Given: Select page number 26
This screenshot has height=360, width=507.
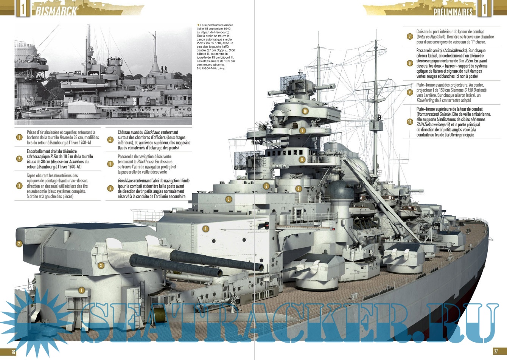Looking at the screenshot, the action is click(x=13, y=352).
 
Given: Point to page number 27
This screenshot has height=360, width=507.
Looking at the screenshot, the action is click(x=496, y=351).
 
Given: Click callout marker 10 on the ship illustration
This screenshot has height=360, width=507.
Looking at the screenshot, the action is click(x=305, y=111).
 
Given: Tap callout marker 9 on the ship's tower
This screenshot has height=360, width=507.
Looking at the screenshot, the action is click(x=302, y=130).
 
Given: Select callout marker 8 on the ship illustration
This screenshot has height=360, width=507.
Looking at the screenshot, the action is click(x=302, y=160).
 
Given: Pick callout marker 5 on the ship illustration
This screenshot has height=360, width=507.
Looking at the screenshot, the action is click(x=229, y=199).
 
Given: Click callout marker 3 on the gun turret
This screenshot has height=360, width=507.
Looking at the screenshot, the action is click(x=101, y=265).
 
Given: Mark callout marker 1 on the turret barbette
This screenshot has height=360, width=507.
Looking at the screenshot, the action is click(x=81, y=290).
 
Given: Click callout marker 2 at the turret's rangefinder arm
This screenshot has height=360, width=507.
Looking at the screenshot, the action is click(x=19, y=244).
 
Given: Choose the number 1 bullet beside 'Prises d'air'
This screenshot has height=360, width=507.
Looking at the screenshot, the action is click(x=19, y=137).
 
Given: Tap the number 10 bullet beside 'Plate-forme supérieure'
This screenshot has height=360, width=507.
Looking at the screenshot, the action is click(x=410, y=122).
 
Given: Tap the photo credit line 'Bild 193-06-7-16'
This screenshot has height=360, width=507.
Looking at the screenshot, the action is click(x=211, y=68).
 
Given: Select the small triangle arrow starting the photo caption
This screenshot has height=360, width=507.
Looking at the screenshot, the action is click(x=198, y=25).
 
